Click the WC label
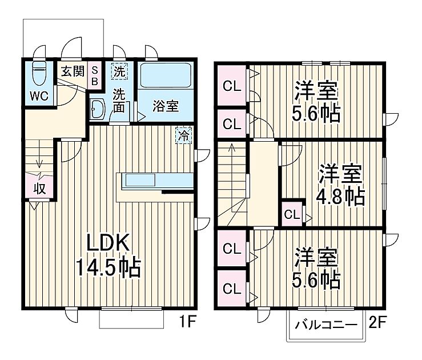pyautogui.click(x=39, y=95)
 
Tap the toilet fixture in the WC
pyautogui.click(x=39, y=73)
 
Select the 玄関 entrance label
pyautogui.click(x=73, y=71)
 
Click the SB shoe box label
pyautogui.click(x=95, y=75)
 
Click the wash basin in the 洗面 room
pyautogui.click(x=97, y=109)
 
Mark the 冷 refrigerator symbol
pyautogui.click(x=183, y=136)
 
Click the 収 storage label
pyautogui.click(x=39, y=187)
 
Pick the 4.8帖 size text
pyautogui.click(x=341, y=196)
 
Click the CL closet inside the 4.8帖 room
pyautogui.click(x=292, y=215)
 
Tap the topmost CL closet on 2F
pyautogui.click(x=231, y=87)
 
